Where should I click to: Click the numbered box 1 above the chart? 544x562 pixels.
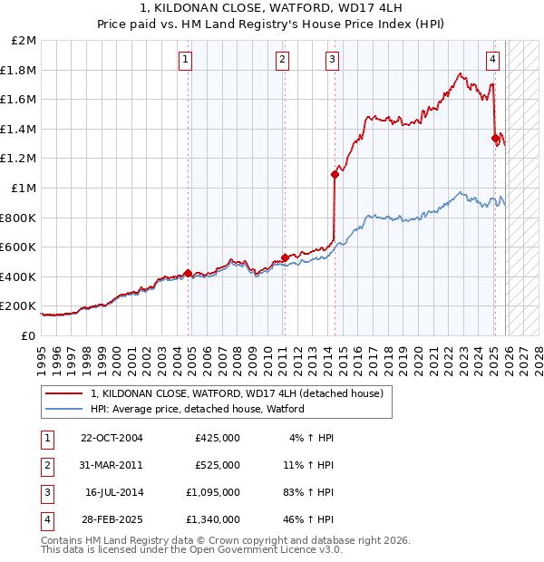click(x=185, y=60)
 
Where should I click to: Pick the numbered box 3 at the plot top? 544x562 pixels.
click(x=332, y=60)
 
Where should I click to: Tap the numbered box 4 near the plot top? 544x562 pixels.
click(x=492, y=60)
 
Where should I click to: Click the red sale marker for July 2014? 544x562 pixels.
click(x=335, y=175)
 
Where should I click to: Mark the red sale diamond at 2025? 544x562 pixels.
click(x=495, y=139)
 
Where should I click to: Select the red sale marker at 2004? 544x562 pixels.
click(x=188, y=273)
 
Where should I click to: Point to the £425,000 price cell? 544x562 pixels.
click(x=218, y=438)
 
